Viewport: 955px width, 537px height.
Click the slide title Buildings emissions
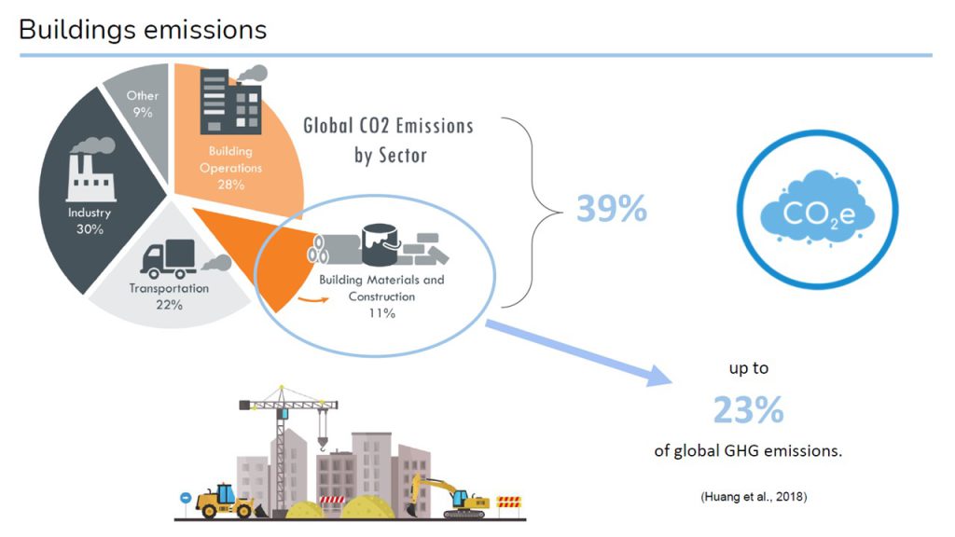pyautogui.click(x=143, y=30)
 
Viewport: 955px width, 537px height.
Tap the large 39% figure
pyautogui.click(x=611, y=209)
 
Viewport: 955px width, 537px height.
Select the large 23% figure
pyautogui.click(x=748, y=409)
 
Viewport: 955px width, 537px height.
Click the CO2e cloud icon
pyautogui.click(x=817, y=217)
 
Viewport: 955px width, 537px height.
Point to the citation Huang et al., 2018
pyautogui.click(x=754, y=497)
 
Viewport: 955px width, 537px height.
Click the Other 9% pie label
pyautogui.click(x=143, y=103)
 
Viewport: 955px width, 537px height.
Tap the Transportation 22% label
pyautogui.click(x=169, y=296)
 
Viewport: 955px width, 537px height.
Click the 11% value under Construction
pyautogui.click(x=382, y=313)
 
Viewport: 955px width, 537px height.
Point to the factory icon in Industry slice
pyautogui.click(x=90, y=172)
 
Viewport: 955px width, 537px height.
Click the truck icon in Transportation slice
pyautogui.click(x=168, y=260)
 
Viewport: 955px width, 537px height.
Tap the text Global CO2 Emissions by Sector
pyautogui.click(x=389, y=140)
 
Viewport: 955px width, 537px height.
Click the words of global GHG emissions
pyautogui.click(x=748, y=450)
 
